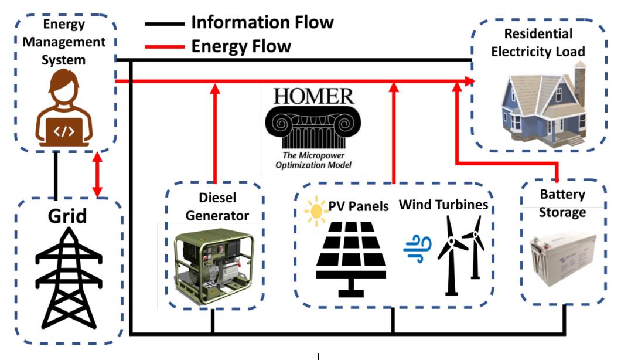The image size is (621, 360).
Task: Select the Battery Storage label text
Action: (x=561, y=203)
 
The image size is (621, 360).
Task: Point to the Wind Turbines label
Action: (x=443, y=205)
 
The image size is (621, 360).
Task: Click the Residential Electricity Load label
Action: (x=538, y=43)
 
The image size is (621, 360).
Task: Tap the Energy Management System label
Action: (x=64, y=42)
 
